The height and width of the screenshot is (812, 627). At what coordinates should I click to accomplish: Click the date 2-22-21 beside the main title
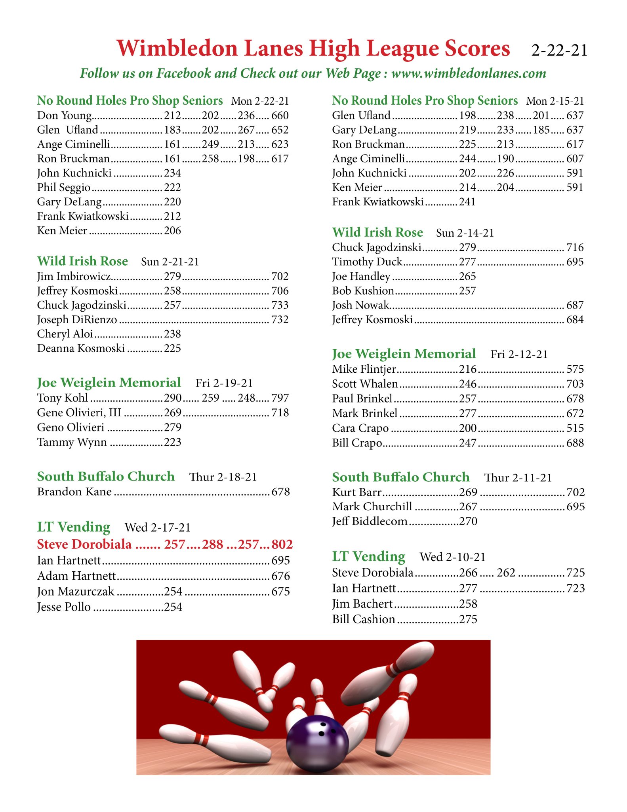pyautogui.click(x=559, y=51)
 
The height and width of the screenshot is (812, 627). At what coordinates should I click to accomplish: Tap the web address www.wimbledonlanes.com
pyautogui.click(x=469, y=73)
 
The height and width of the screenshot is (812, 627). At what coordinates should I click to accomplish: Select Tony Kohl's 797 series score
pyautogui.click(x=280, y=398)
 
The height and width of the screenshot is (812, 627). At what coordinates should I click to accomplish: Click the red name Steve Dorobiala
pyautogui.click(x=84, y=544)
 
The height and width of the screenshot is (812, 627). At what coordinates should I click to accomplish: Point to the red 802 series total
pyautogui.click(x=282, y=544)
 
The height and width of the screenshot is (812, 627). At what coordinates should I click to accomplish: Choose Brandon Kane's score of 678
pyautogui.click(x=280, y=492)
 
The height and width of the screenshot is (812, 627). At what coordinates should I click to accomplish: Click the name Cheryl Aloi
pyautogui.click(x=65, y=334)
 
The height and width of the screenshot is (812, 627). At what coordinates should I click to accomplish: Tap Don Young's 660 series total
pyautogui.click(x=280, y=115)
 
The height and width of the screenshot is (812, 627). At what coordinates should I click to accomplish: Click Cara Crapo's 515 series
pyautogui.click(x=575, y=428)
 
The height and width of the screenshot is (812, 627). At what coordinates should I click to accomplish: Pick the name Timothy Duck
pyautogui.click(x=367, y=262)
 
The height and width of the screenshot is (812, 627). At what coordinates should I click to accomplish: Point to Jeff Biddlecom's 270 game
pyautogui.click(x=468, y=521)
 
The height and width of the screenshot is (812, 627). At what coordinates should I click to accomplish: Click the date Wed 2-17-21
pyautogui.click(x=158, y=527)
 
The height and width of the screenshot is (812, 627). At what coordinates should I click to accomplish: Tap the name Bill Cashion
pyautogui.click(x=364, y=619)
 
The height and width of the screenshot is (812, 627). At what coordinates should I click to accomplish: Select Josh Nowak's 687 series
pyautogui.click(x=575, y=305)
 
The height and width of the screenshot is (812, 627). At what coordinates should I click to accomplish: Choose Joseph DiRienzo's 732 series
pyautogui.click(x=280, y=320)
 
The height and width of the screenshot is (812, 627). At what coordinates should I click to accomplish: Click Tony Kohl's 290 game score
pyautogui.click(x=173, y=398)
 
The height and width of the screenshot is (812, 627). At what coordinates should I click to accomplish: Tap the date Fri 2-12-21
pyautogui.click(x=519, y=354)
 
